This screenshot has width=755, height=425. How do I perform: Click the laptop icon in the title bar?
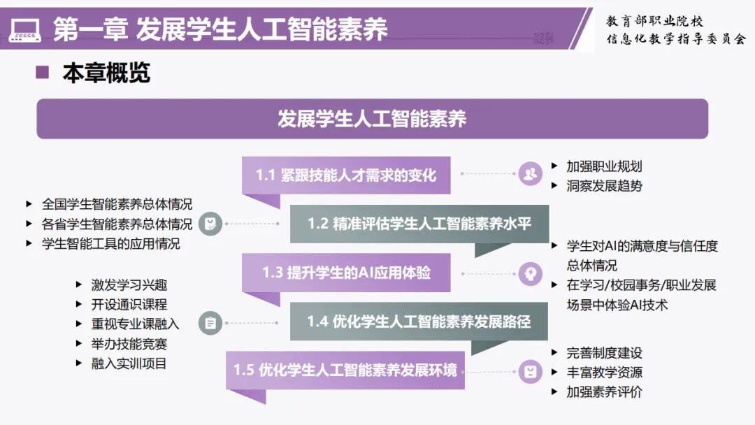pyautogui.click(x=24, y=29)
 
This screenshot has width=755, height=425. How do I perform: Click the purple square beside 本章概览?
pyautogui.click(x=43, y=72)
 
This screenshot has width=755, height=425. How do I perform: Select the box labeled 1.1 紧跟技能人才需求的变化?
pyautogui.click(x=345, y=175)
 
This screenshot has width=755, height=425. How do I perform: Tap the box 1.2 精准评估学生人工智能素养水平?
pyautogui.click(x=419, y=224)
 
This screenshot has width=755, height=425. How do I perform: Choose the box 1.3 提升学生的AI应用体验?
pyautogui.click(x=346, y=273)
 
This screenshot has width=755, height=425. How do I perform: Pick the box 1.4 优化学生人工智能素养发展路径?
pyautogui.click(x=419, y=322)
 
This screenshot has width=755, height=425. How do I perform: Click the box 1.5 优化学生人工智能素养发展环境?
pyautogui.click(x=345, y=370)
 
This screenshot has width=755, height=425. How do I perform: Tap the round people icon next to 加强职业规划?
pyautogui.click(x=531, y=173)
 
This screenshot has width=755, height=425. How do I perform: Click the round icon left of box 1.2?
pyautogui.click(x=210, y=224)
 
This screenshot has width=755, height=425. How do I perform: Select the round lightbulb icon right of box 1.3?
pyautogui.click(x=531, y=273)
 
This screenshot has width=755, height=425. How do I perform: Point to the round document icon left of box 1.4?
pyautogui.click(x=210, y=322)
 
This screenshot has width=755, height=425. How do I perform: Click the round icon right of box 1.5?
pyautogui.click(x=531, y=371)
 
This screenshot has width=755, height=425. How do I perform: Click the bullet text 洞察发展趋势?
pyautogui.click(x=604, y=186)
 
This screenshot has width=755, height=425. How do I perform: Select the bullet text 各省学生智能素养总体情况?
pyautogui.click(x=117, y=224)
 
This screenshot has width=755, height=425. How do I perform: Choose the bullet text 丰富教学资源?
pyautogui.click(x=604, y=373)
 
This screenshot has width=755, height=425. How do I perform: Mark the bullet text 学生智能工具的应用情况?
pyautogui.click(x=110, y=244)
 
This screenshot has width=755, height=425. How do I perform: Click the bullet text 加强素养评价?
pyautogui.click(x=604, y=392)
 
